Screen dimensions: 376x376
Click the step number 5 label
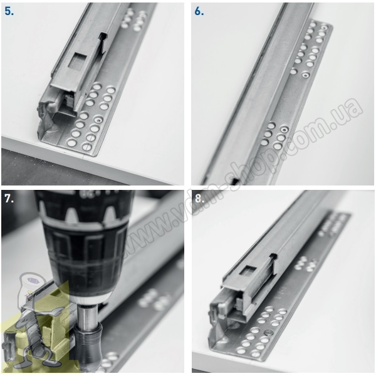coord(9,11)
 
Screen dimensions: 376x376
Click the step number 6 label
coord(199,11)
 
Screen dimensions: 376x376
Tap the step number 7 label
coord(9,199)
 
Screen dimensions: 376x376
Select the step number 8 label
coord(199,199)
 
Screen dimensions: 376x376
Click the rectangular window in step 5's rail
coord(78,60)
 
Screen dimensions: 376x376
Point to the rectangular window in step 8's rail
coord(248,272)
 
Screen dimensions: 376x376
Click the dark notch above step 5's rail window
coord(103,36)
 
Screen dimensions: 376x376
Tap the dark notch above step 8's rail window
coord(274,256)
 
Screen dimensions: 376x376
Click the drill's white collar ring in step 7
coord(91,298)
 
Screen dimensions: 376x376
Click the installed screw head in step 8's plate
coord(269,333)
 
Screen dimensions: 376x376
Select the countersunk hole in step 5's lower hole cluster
coord(98,120)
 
